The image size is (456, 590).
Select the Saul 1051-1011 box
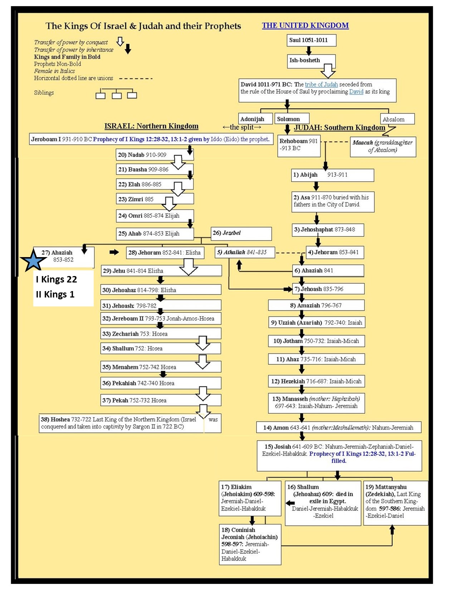point(311,40)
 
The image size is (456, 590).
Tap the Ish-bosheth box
point(311,61)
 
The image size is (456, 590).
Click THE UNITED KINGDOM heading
point(305,25)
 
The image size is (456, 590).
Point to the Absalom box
point(397,119)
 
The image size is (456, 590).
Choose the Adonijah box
point(255,119)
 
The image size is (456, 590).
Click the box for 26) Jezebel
point(241,233)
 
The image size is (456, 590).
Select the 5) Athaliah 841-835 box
point(245,252)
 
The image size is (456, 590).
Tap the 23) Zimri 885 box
point(155,199)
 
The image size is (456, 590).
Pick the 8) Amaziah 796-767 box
point(316,305)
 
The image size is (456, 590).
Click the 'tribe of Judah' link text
point(321,84)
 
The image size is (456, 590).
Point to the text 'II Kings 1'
point(55,294)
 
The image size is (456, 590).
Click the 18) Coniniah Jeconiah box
point(250,544)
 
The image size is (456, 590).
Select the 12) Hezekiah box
point(316,381)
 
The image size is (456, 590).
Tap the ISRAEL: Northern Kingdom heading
point(151,126)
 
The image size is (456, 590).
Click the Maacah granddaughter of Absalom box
point(383,146)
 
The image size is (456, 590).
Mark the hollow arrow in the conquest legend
point(120,41)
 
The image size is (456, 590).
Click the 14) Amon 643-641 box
point(338,427)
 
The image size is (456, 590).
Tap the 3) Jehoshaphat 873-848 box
point(328,230)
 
